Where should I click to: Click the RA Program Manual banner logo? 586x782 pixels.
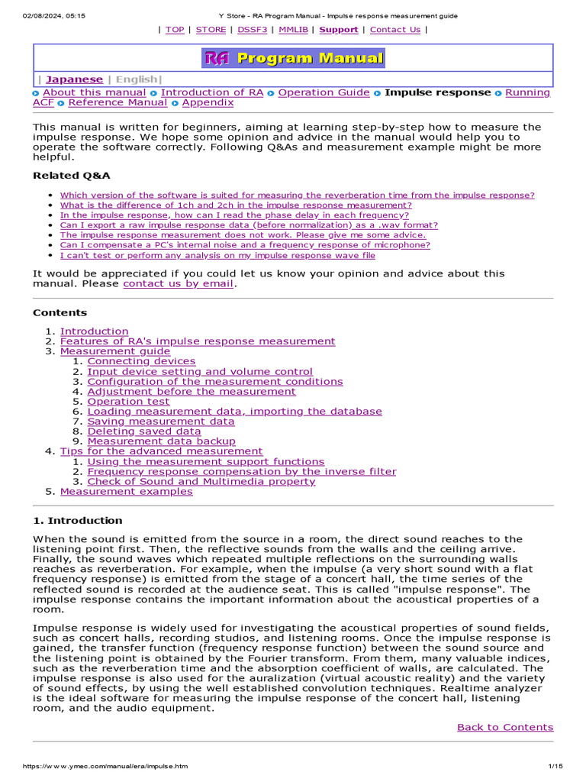293,58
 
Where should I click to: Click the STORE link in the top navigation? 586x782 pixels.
211,30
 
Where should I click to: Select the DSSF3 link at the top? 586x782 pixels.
252,30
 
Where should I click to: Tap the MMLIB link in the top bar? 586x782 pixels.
293,30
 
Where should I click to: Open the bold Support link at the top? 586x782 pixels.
338,30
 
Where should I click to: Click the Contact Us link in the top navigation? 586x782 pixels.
394,30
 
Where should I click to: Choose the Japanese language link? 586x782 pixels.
74,79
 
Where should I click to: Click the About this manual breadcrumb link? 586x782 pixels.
94,92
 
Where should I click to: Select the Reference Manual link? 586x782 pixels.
118,102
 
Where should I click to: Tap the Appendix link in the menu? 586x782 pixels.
208,102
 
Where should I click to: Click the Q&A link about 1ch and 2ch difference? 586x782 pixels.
236,205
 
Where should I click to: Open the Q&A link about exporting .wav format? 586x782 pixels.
249,225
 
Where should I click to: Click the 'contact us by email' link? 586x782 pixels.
179,283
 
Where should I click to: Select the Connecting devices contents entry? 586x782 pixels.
141,361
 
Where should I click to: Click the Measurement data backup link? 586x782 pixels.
161,441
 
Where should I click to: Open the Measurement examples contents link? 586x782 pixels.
127,492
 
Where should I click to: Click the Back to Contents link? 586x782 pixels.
505,727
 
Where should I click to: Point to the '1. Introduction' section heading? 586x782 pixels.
77,521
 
